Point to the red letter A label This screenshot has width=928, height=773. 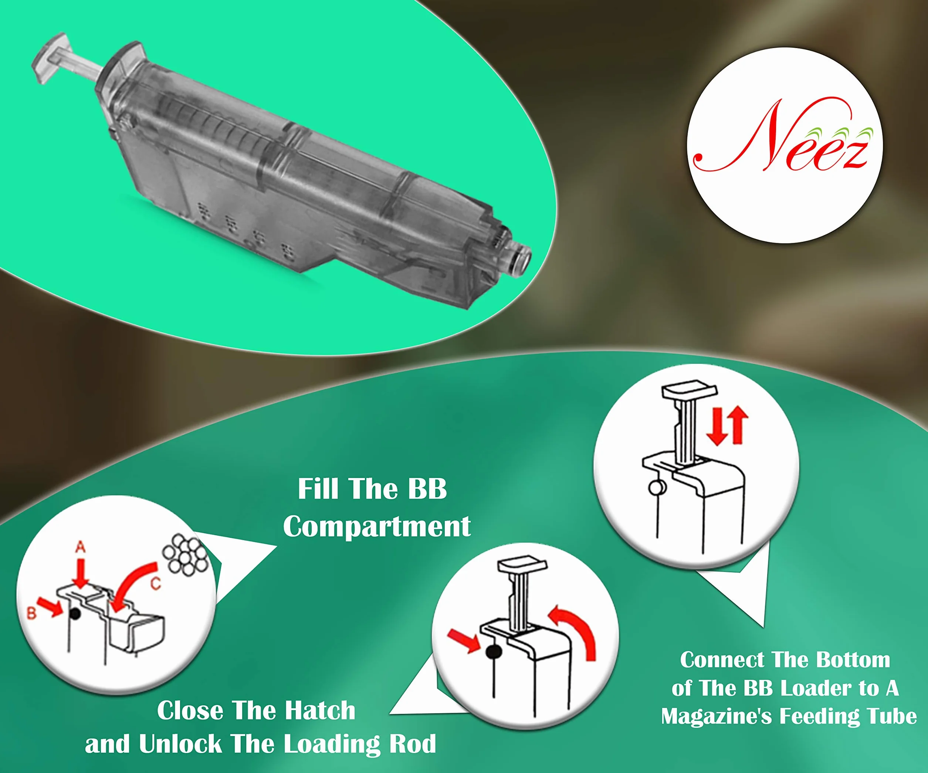click(x=80, y=547)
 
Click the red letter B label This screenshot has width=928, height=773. click(x=31, y=613)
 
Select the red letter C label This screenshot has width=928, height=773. click(x=156, y=584)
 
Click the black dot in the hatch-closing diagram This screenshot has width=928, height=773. click(x=493, y=651)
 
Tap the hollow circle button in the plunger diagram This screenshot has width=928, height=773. click(x=657, y=488)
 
